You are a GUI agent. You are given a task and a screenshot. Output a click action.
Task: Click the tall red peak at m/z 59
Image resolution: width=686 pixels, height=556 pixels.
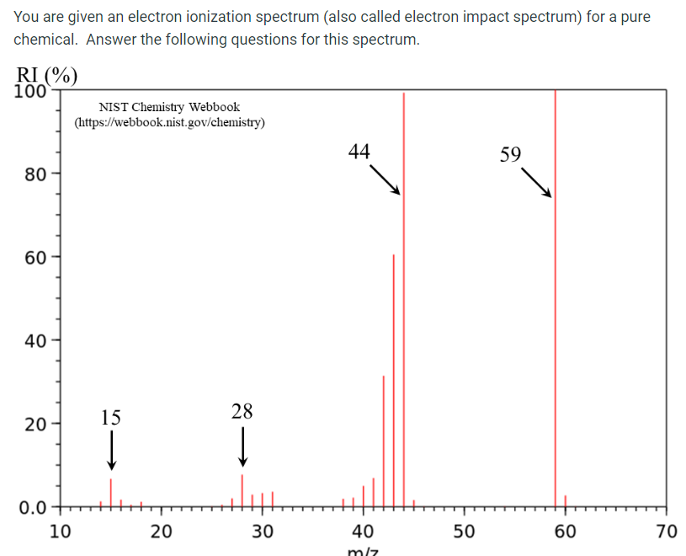[555, 295]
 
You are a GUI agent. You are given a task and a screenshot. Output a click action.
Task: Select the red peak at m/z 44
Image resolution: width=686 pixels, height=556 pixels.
[403, 295]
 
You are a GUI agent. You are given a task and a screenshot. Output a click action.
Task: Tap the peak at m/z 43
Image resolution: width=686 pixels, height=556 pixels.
[393, 379]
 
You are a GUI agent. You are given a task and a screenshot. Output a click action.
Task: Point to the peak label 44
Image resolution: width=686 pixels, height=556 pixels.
[359, 152]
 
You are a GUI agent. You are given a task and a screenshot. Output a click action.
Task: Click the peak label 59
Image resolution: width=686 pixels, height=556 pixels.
[510, 154]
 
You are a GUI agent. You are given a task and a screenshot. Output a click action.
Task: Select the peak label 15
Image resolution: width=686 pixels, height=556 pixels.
[110, 417]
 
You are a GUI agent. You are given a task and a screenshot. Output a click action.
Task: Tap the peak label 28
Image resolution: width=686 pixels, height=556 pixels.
[242, 411]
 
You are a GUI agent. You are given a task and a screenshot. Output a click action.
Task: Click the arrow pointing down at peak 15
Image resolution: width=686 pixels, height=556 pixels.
[110, 450]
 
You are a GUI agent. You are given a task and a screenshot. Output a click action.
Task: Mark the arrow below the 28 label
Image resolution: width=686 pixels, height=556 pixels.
[242, 446]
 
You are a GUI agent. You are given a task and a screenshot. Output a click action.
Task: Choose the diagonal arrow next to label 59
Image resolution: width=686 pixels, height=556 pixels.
[536, 183]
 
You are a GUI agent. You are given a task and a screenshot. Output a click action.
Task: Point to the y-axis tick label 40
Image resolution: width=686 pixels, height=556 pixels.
[35, 342]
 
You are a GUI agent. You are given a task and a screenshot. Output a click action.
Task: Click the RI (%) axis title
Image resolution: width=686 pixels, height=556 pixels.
[46, 76]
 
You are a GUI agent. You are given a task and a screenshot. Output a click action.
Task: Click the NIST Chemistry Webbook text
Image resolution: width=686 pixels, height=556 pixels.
[169, 107]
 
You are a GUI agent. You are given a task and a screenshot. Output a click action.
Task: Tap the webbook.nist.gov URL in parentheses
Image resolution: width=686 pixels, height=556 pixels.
[170, 123]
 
